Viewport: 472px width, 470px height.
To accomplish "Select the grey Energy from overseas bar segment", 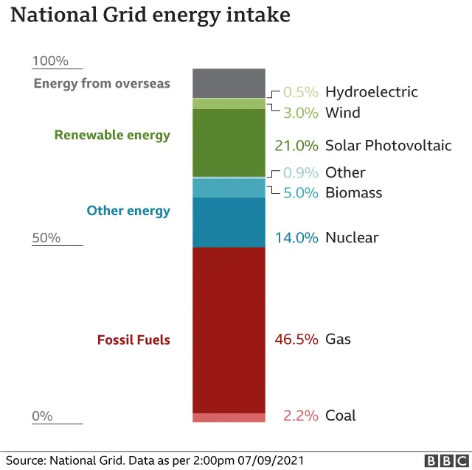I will pyautogui.click(x=229, y=83).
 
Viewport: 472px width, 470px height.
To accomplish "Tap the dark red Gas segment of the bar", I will pyautogui.click(x=229, y=329).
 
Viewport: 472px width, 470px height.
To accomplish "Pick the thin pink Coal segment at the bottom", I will pyautogui.click(x=229, y=418).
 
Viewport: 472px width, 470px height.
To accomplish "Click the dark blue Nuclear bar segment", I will pyautogui.click(x=229, y=222).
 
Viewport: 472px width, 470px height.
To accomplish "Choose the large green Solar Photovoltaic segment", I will pyautogui.click(x=229, y=143).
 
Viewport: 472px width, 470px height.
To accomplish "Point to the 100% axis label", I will pyautogui.click(x=50, y=61).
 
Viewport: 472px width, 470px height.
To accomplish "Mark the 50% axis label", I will pyautogui.click(x=46, y=238).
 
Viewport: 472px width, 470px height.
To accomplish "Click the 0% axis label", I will pyautogui.click(x=42, y=415).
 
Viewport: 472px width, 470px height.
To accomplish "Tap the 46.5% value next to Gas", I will pyautogui.click(x=296, y=340).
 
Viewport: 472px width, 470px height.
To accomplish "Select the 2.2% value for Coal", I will pyautogui.click(x=299, y=415).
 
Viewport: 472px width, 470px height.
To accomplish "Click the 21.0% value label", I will pyautogui.click(x=296, y=146).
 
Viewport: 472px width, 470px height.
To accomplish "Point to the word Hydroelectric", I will pyautogui.click(x=371, y=92).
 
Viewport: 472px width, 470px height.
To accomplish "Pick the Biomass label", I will pyautogui.click(x=353, y=193).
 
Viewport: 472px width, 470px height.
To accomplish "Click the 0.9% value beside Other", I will pyautogui.click(x=301, y=173).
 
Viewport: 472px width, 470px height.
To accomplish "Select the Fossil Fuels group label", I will pyautogui.click(x=133, y=340).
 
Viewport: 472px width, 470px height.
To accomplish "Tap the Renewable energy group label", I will pyautogui.click(x=112, y=136).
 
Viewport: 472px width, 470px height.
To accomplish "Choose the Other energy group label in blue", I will pyautogui.click(x=128, y=211).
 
